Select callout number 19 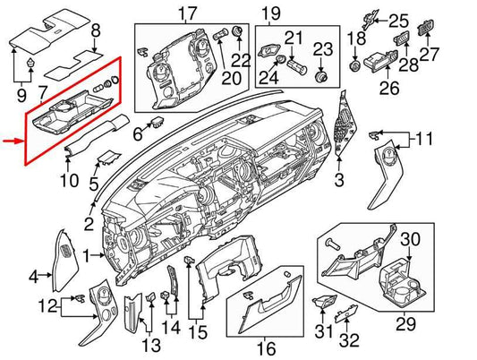coord(270,13)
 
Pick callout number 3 coord(338,182)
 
